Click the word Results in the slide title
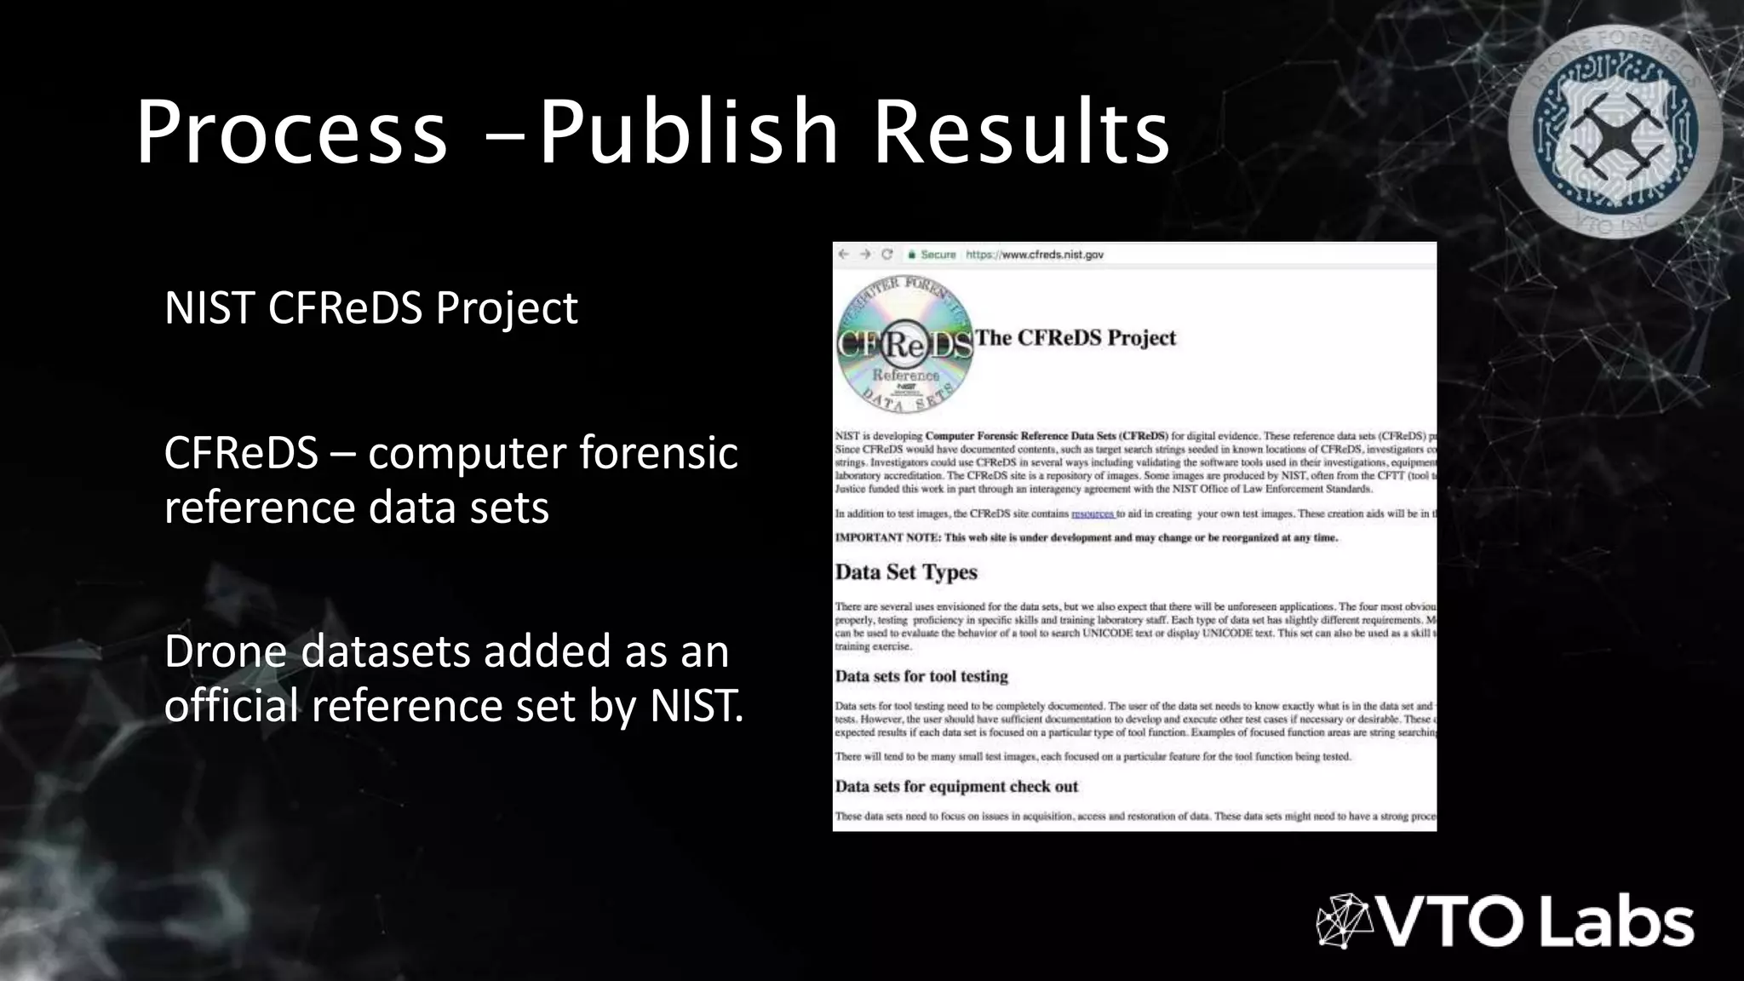coord(1022,132)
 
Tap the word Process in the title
coord(291,132)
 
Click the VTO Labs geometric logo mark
coord(1345,921)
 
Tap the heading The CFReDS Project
coord(1075,338)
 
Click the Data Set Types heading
coord(906,572)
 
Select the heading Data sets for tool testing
coord(921,676)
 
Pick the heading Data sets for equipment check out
coord(956,787)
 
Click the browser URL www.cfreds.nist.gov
coord(1034,255)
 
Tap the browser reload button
coord(886,255)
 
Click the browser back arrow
coord(843,255)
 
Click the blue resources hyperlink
coord(1093,514)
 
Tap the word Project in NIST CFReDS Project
coord(507,308)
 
